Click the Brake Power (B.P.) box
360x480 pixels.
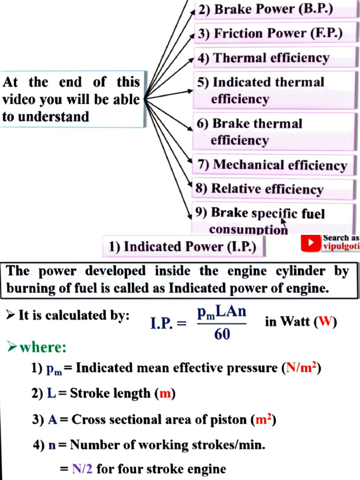tap(275, 10)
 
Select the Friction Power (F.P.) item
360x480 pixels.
tap(275, 34)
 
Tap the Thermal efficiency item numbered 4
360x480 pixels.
tap(275, 58)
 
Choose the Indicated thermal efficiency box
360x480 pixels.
tap(275, 90)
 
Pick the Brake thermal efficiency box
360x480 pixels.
tap(275, 132)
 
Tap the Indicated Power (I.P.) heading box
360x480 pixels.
tap(183, 247)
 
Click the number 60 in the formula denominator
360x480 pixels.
tap(222, 335)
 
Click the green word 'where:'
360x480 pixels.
tap(43, 348)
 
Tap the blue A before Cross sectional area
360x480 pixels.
tap(52, 420)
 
